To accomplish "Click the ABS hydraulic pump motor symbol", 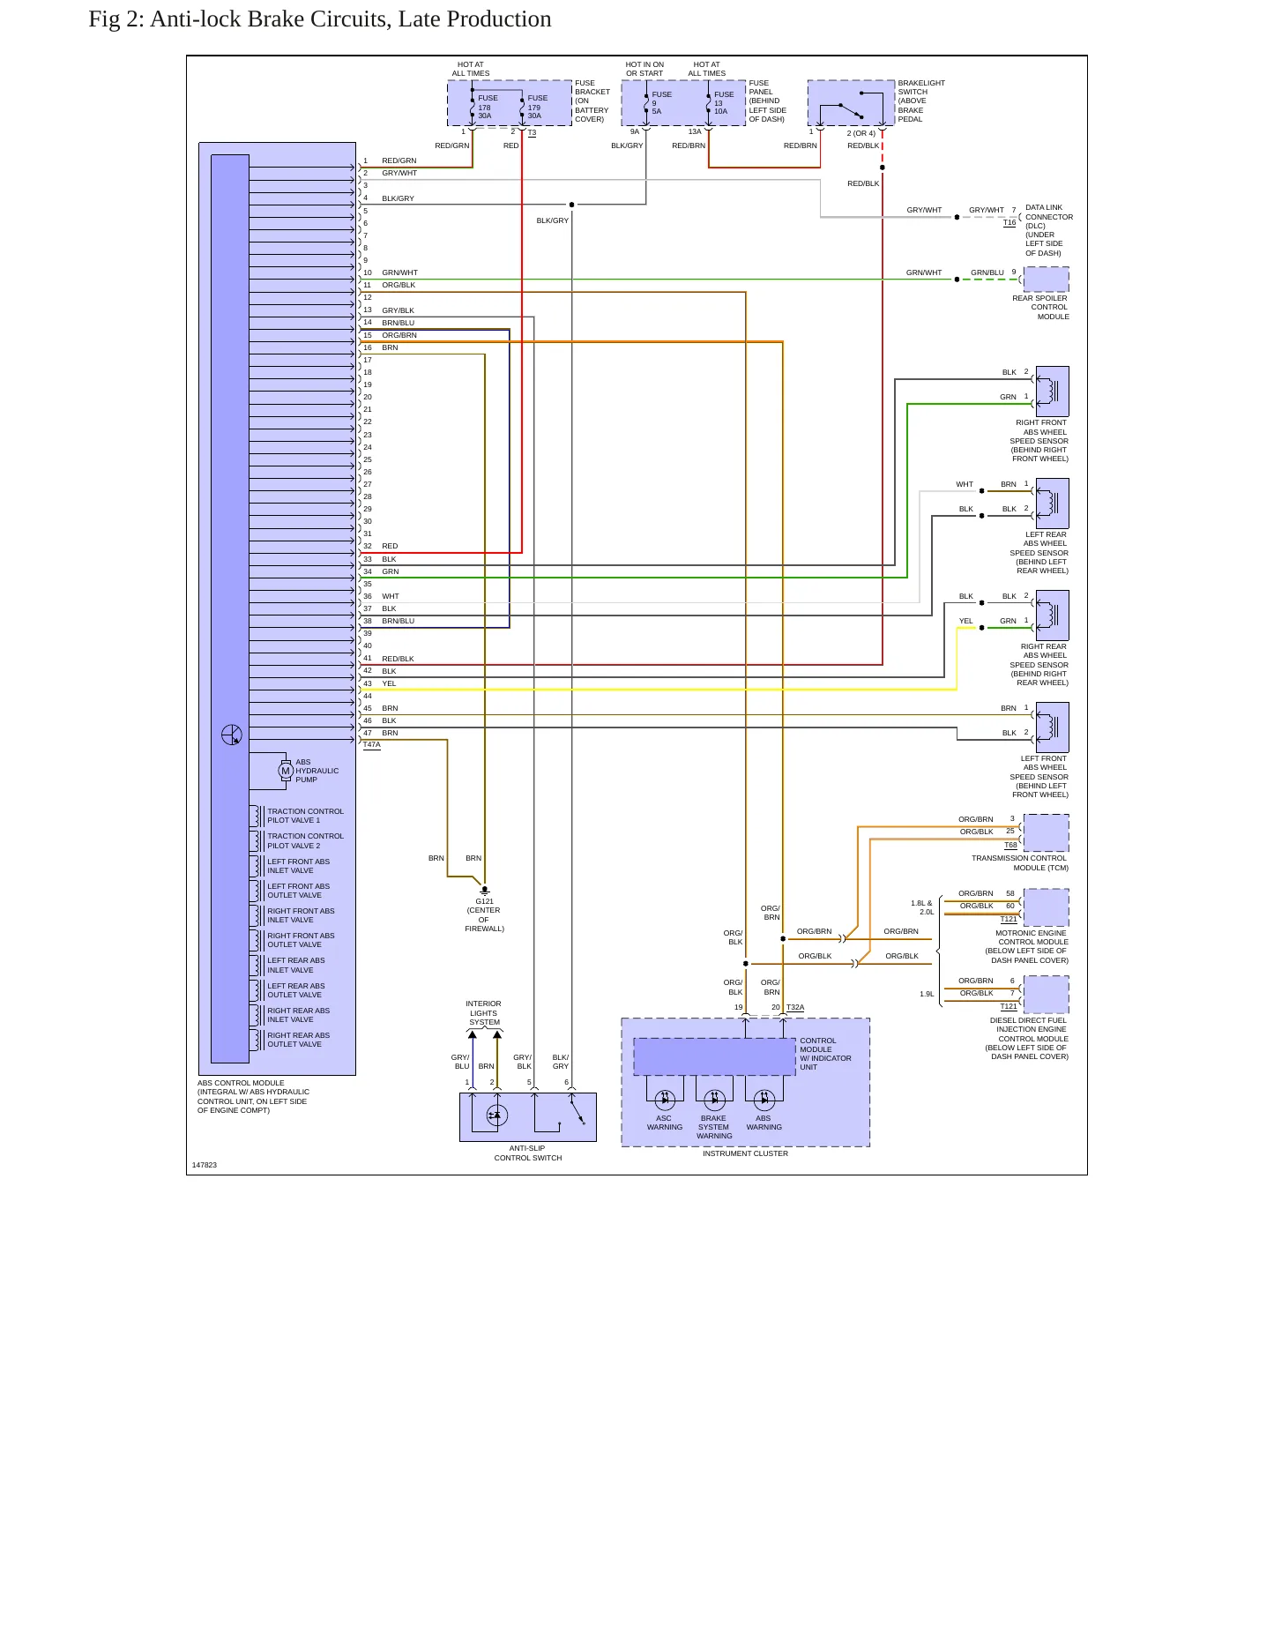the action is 285,771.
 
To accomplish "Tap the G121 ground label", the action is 484,901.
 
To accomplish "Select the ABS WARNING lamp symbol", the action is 764,1099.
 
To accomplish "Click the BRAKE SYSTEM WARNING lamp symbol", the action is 715,1099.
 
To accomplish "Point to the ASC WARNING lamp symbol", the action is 665,1099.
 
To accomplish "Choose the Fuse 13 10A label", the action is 723,103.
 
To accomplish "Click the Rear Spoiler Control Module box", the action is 1046,280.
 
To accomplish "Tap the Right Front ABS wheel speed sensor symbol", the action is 1052,391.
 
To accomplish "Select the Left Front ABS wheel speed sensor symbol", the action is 1052,727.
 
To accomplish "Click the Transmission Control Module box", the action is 1046,833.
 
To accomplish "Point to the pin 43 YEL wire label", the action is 389,683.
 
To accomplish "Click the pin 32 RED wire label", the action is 390,546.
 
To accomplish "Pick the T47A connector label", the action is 371,745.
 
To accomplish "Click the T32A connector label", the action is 795,1007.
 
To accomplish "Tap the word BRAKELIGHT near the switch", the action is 921,83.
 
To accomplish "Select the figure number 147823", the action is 205,1165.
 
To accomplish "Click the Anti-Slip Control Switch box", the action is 528,1117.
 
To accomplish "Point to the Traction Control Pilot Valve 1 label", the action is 305,816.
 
